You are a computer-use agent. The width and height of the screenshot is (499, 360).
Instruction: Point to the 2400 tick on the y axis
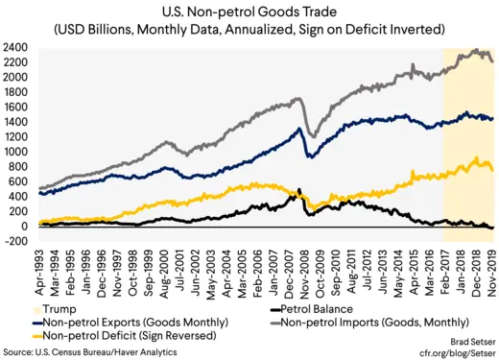click(14, 47)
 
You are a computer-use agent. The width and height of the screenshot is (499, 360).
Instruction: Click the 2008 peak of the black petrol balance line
click(300, 189)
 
